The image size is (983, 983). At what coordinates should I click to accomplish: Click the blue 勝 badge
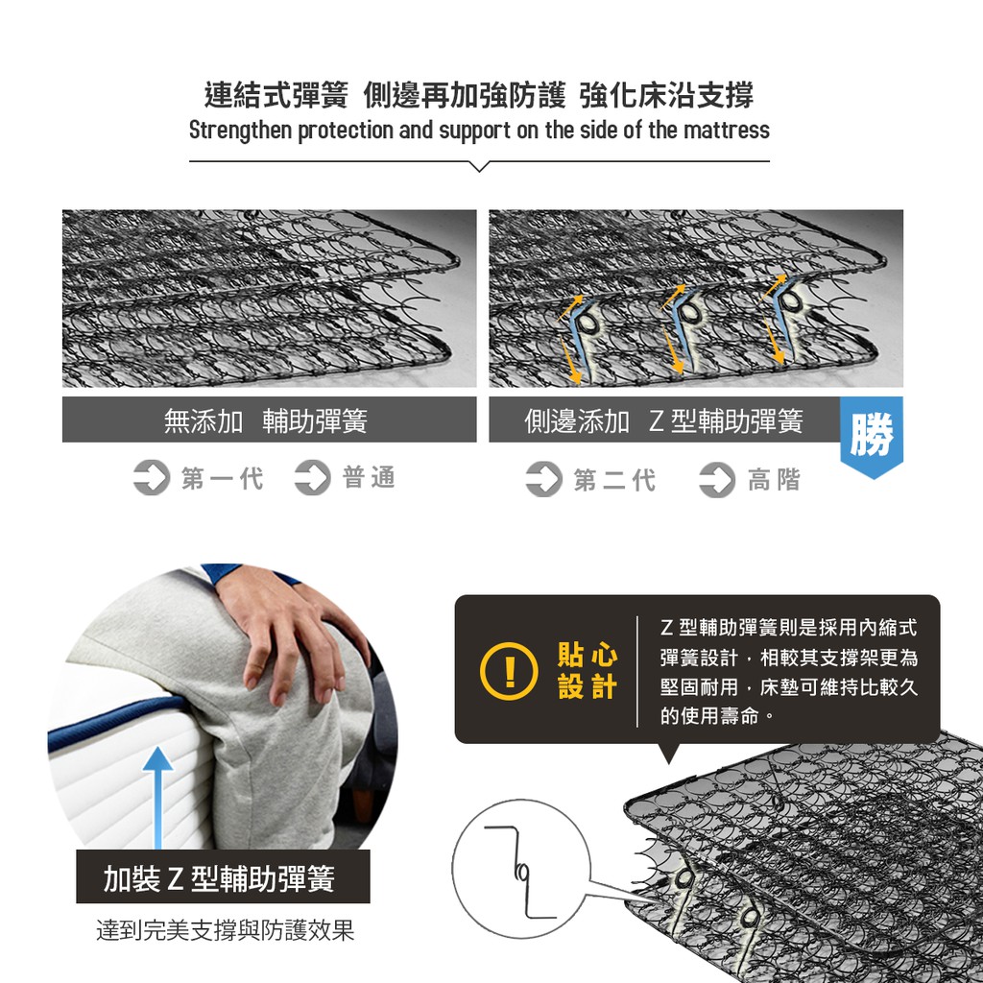click(x=872, y=437)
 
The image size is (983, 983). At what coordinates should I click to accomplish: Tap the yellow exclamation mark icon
click(x=509, y=671)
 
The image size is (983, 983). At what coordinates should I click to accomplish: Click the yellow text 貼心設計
click(x=587, y=670)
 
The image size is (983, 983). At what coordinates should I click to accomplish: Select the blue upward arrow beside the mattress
click(x=157, y=796)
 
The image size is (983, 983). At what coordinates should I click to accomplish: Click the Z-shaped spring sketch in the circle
click(x=519, y=872)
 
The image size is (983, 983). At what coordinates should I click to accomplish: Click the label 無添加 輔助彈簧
click(x=266, y=420)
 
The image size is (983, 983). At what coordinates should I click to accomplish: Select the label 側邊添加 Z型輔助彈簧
click(x=663, y=420)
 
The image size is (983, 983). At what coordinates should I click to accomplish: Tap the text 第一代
click(x=223, y=478)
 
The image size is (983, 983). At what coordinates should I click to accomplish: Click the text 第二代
click(x=614, y=480)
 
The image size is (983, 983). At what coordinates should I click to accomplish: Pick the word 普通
click(x=370, y=477)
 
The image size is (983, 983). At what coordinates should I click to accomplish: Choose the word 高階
click(x=775, y=480)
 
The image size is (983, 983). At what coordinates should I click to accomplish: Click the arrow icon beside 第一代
click(x=152, y=478)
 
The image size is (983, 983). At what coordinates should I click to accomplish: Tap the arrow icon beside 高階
click(x=717, y=480)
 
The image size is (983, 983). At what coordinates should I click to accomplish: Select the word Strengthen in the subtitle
click(x=240, y=131)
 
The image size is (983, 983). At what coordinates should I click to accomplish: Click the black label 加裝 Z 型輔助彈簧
click(x=223, y=877)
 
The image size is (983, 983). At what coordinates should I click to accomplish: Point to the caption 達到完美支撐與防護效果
click(x=225, y=929)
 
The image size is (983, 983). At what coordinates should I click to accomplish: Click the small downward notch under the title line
click(x=479, y=166)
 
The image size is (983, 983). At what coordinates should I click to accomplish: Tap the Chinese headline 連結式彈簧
click(x=276, y=95)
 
